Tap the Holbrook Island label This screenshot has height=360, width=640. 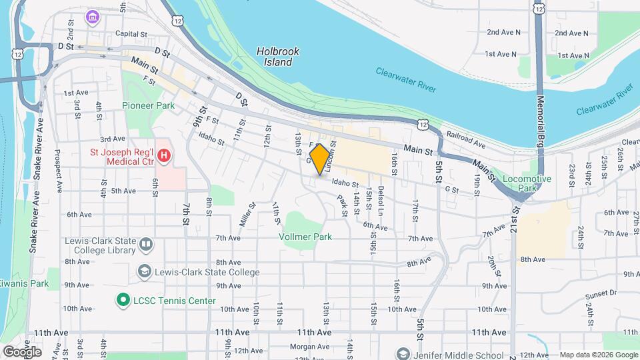click(x=278, y=57)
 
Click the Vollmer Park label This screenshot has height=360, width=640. click(x=306, y=237)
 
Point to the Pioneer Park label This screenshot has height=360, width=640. click(x=148, y=105)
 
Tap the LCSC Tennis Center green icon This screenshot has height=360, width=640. click(x=122, y=301)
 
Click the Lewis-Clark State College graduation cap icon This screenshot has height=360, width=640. click(x=144, y=272)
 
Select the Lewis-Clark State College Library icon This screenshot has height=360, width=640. click(x=145, y=245)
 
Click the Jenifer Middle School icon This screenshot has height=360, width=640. click(x=401, y=353)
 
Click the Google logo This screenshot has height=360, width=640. click(x=23, y=351)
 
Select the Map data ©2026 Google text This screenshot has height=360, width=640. click(x=599, y=355)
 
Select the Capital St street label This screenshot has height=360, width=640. click(x=131, y=33)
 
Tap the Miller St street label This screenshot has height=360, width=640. click(x=244, y=214)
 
